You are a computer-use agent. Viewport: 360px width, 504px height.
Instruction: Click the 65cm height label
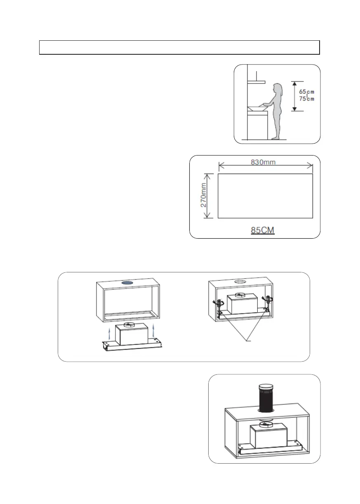(x=306, y=92)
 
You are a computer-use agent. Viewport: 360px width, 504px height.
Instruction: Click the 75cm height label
(x=306, y=99)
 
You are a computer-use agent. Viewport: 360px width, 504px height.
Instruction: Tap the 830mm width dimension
(x=263, y=162)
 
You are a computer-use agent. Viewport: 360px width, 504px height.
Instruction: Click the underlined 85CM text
(x=263, y=230)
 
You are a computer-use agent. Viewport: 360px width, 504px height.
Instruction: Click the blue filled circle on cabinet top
(x=127, y=283)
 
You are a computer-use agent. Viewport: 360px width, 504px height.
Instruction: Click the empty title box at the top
(x=179, y=47)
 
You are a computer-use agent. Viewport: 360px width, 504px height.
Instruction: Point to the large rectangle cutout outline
(x=265, y=196)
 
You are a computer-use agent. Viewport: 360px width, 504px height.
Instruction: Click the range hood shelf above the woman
(x=256, y=82)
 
